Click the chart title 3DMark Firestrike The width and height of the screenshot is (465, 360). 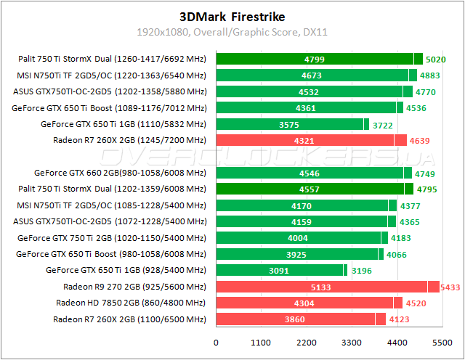click(x=232, y=15)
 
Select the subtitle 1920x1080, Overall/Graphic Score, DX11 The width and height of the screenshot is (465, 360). click(x=232, y=32)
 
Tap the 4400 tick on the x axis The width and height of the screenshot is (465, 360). click(x=397, y=342)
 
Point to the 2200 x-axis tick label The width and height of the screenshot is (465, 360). click(x=307, y=342)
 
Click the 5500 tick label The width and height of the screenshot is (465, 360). click(x=442, y=342)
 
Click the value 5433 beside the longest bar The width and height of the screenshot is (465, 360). click(x=450, y=287)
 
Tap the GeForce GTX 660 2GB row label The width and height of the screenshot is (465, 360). click(x=120, y=173)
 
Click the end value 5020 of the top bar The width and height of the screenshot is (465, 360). click(x=436, y=60)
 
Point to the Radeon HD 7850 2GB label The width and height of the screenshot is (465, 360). click(x=131, y=303)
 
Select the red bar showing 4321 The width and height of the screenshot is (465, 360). click(x=305, y=140)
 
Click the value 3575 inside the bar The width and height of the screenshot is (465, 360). click(x=289, y=124)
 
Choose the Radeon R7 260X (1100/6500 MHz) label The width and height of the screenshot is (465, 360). click(x=129, y=319)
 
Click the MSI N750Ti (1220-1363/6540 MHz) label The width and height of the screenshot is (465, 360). click(x=111, y=75)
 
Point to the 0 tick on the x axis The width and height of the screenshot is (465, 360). click(x=216, y=342)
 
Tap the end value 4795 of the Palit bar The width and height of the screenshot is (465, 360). click(x=426, y=189)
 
